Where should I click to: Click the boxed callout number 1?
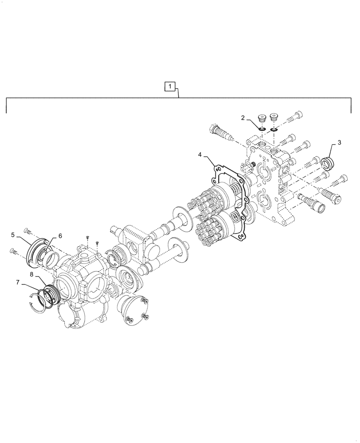pos(171,86)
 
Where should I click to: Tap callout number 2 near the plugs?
pos(243,117)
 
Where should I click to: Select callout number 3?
pos(339,143)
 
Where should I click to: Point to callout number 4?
pos(200,155)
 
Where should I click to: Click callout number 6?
pos(60,236)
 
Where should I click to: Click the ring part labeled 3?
pos(328,163)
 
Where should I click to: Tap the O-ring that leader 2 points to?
pos(262,129)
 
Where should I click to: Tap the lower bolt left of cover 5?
pos(14,252)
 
